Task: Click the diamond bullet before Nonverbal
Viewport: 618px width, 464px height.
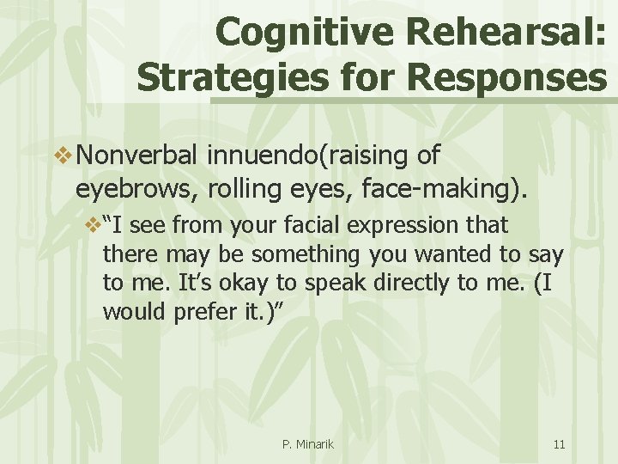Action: tap(62, 156)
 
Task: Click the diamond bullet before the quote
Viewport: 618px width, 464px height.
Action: tap(92, 226)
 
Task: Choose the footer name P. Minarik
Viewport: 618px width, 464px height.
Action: tap(308, 444)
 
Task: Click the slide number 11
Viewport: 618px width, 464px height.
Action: tap(559, 444)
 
